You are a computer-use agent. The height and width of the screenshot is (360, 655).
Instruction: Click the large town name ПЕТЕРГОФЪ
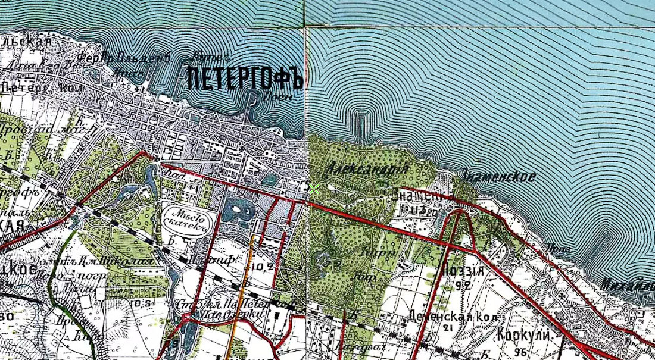tap(245, 79)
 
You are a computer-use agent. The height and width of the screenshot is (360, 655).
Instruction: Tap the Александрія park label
tap(367, 170)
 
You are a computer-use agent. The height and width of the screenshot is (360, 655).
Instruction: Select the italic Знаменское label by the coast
tap(498, 176)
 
